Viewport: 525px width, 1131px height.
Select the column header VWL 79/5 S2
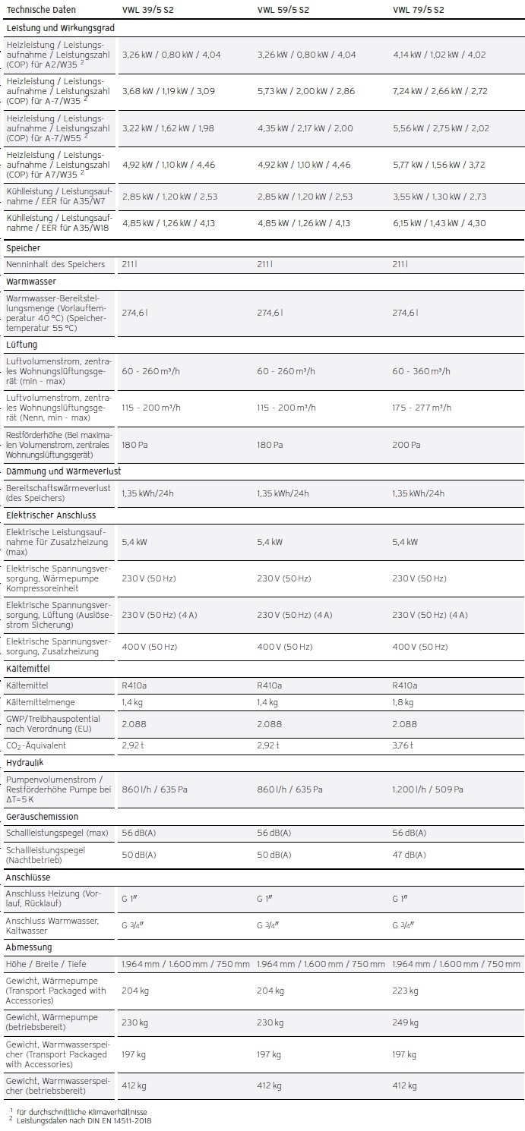pyautogui.click(x=418, y=10)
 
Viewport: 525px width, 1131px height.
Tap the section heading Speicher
pyautogui.click(x=24, y=248)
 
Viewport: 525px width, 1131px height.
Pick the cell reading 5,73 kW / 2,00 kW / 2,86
pyautogui.click(x=305, y=91)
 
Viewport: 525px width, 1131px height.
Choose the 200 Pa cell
pyautogui.click(x=404, y=445)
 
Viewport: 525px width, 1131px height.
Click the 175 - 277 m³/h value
pyautogui.click(x=422, y=408)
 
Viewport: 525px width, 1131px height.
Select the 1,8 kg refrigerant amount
pyautogui.click(x=403, y=702)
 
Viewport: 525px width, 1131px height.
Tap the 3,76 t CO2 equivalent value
pyautogui.click(x=403, y=745)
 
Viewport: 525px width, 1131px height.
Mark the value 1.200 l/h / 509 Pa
pyautogui.click(x=428, y=789)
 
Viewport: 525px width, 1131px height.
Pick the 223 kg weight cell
pyautogui.click(x=405, y=991)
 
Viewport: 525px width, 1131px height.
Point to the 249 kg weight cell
pyautogui.click(x=405, y=1022)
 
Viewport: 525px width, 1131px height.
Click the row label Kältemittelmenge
pyautogui.click(x=40, y=702)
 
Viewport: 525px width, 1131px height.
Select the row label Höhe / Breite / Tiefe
pyautogui.click(x=46, y=964)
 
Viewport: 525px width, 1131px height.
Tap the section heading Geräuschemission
pyautogui.click(x=42, y=817)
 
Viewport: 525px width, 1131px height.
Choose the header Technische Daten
pyautogui.click(x=41, y=10)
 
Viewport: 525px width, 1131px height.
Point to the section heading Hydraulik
pyautogui.click(x=25, y=762)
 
